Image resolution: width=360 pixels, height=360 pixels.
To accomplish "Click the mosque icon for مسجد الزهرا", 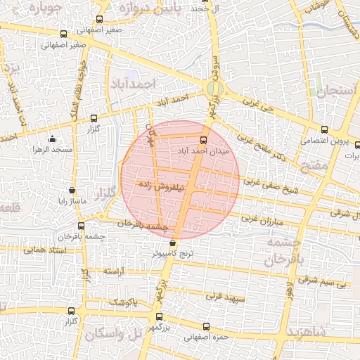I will pos(52,139).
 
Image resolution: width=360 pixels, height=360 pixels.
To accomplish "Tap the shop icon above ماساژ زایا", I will pos(72,190).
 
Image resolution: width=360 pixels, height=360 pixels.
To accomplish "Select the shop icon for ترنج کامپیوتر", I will pos(173,243).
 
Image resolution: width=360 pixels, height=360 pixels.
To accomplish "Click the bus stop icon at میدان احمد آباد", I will pos(204,139).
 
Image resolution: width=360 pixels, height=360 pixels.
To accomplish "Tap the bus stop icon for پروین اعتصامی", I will pos(324,129).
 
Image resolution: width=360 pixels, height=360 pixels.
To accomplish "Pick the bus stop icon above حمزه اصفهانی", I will pos(206,326).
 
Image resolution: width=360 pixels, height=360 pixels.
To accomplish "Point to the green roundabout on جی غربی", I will pos(216,89).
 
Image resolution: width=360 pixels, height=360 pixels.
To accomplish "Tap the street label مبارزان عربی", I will pos(262,219).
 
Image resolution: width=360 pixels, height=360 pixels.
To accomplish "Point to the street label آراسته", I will pos(114,271).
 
